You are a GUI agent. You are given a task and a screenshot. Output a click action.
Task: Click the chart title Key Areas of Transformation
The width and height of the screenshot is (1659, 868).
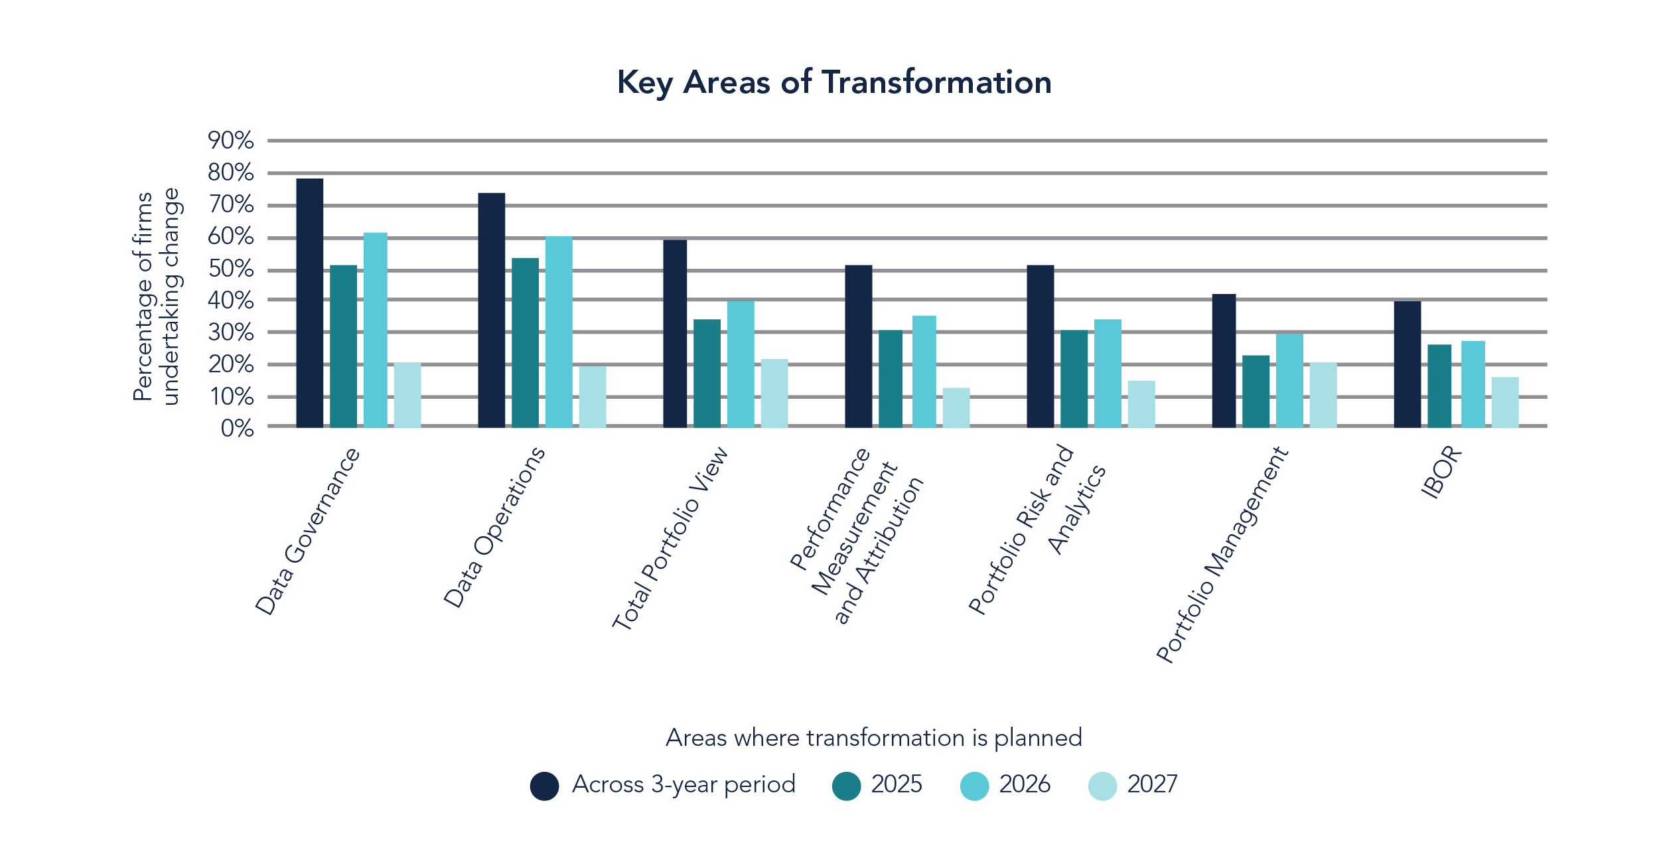coord(834,83)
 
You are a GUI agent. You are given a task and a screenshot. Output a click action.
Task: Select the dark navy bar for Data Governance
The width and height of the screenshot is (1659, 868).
coord(310,303)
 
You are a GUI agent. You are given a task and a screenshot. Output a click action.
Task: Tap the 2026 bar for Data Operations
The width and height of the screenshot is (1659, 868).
coord(559,332)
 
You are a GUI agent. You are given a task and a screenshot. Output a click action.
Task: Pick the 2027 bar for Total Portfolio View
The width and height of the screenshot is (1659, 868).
coord(774,393)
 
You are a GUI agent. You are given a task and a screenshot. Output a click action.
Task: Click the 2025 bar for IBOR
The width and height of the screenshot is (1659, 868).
coord(1439,386)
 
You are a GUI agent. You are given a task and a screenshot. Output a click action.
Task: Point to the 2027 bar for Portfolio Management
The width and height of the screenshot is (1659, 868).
coord(1323,395)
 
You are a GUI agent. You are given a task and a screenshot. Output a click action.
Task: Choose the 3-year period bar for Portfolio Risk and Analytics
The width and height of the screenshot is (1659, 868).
coord(1041,346)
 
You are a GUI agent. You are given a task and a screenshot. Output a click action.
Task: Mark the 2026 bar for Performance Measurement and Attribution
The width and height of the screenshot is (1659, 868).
coord(924,371)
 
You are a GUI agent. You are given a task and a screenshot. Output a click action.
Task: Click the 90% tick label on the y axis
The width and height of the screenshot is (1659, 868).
coord(230,140)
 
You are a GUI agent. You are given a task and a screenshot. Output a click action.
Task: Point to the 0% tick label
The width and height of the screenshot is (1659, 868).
coord(237,428)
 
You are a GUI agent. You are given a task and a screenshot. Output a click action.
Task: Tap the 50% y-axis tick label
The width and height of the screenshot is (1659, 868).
coord(230,269)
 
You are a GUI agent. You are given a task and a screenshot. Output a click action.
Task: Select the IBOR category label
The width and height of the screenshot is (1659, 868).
coord(1442,472)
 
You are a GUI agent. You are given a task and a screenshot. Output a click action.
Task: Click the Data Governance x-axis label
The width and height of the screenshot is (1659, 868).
coord(308,532)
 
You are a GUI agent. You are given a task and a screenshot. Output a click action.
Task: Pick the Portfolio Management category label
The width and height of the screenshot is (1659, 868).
coord(1222,555)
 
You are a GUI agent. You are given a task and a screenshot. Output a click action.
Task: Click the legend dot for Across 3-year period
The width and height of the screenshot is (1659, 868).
coord(544,786)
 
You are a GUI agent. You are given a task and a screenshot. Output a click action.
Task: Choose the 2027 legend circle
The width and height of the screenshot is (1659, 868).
coord(1102,786)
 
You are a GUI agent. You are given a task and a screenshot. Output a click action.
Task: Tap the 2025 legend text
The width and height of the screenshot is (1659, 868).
coord(897,784)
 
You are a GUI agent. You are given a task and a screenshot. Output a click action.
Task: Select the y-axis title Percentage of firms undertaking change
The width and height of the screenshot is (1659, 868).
coord(157,296)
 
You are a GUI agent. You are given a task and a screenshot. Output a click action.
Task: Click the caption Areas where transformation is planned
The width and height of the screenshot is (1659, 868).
coord(874,738)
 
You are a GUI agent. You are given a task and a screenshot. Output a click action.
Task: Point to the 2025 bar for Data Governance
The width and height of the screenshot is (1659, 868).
coord(343,346)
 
